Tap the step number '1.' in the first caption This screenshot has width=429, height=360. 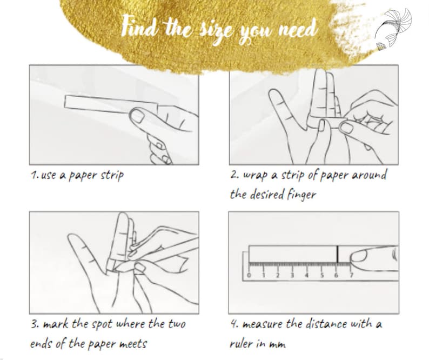(35, 176)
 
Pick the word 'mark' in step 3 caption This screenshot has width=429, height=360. (54, 324)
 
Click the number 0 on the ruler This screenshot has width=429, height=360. (249, 275)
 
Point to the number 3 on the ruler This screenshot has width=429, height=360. (292, 275)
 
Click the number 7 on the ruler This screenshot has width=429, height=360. (351, 275)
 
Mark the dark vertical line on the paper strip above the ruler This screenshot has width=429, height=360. (337, 254)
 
